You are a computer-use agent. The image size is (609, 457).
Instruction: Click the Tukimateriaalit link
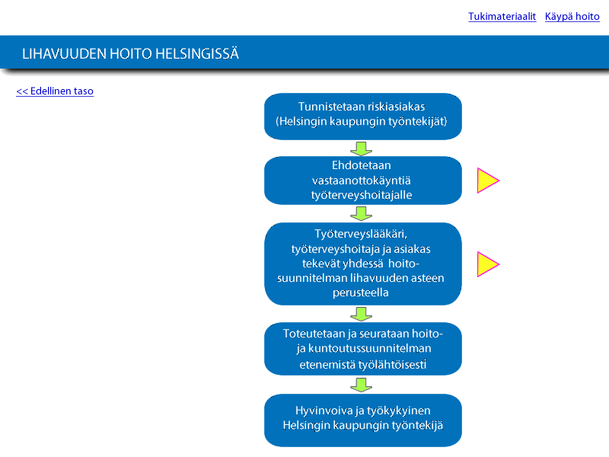tap(502, 17)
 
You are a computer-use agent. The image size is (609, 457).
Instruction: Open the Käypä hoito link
tap(572, 17)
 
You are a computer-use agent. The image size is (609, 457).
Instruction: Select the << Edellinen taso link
tap(55, 91)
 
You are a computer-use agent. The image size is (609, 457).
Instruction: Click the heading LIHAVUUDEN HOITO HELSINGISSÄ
tap(130, 53)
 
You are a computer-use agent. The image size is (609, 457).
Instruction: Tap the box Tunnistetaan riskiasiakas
tap(363, 117)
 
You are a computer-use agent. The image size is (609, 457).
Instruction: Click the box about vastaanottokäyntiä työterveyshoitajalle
tap(363, 181)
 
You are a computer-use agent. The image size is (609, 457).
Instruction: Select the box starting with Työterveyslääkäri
tap(363, 264)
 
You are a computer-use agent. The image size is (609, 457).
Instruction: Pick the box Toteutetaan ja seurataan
tap(363, 349)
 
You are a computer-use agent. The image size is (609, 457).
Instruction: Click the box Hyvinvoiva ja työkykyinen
tap(363, 420)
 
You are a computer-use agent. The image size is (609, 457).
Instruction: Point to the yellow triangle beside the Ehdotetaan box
tap(486, 181)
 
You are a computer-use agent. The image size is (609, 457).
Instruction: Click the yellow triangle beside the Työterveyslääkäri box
tap(486, 264)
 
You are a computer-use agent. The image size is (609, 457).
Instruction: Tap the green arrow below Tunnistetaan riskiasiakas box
tap(361, 149)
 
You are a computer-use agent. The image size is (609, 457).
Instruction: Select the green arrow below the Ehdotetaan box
tap(361, 214)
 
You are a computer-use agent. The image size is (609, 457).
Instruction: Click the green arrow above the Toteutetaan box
tap(361, 314)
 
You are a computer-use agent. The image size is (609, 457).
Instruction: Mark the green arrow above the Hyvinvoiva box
tap(361, 385)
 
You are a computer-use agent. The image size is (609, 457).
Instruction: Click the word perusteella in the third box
tap(360, 292)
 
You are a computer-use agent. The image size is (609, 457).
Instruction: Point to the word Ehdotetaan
tap(361, 165)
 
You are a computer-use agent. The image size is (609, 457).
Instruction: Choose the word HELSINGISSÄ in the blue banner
tap(197, 53)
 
